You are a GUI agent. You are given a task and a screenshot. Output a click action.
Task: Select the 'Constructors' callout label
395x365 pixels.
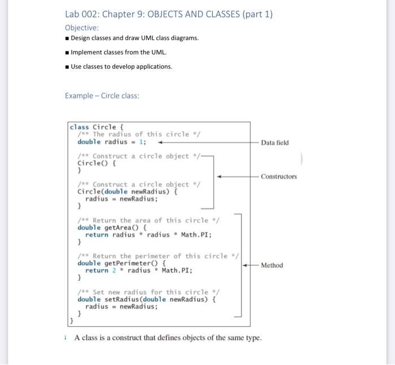coord(278,176)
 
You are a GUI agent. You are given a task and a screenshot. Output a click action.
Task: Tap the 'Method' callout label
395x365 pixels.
coord(272,265)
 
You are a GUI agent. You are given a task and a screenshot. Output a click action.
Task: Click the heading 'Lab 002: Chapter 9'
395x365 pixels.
coord(169,14)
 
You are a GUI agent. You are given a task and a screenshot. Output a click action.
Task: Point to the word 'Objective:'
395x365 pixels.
coord(82,27)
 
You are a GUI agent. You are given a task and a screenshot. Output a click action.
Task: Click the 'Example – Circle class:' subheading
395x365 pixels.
coord(102,95)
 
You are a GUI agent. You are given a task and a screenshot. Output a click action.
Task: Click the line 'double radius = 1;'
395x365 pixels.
coord(112,142)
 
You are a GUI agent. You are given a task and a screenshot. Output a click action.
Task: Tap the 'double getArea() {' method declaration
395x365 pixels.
coord(112,228)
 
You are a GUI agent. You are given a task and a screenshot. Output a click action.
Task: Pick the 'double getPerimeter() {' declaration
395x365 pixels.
coord(121,263)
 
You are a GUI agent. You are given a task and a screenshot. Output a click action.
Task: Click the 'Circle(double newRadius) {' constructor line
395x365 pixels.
coord(128,192)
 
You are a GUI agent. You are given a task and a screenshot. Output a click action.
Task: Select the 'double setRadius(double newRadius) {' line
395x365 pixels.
coord(147,299)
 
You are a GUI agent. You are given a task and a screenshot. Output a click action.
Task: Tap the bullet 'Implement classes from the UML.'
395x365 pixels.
coord(118,52)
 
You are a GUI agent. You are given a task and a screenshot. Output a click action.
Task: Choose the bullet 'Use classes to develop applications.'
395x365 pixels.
coord(121,66)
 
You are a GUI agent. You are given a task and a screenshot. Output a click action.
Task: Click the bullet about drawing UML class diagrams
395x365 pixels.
coord(134,38)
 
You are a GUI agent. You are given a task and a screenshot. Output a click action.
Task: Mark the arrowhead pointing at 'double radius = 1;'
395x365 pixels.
coord(161,143)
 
